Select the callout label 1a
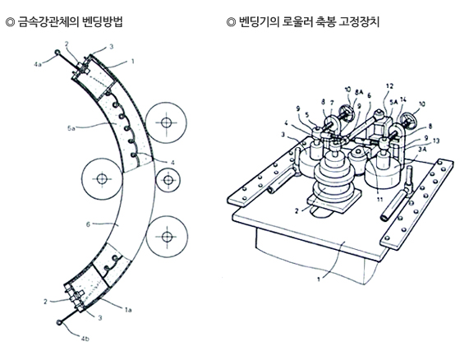pyautogui.click(x=130, y=309)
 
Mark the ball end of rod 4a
pyautogui.click(x=57, y=54)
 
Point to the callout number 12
pyautogui.click(x=389, y=85)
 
